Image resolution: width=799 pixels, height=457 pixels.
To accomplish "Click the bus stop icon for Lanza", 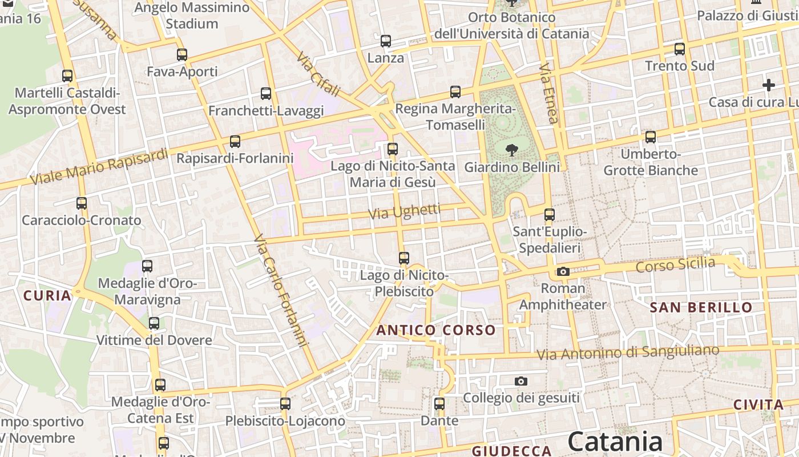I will click(386, 41).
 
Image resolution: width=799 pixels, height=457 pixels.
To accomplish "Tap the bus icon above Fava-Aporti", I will click(182, 55).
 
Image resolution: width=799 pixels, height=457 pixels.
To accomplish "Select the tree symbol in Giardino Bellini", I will click(511, 150).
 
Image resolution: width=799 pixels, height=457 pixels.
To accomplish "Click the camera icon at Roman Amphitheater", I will click(563, 271).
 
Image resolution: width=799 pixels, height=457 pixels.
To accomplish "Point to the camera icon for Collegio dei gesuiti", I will click(520, 381).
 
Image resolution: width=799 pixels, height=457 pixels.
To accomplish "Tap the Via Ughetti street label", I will click(405, 212).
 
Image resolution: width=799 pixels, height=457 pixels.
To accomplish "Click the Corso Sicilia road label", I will click(675, 264).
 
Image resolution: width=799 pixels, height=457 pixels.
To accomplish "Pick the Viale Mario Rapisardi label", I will click(99, 167).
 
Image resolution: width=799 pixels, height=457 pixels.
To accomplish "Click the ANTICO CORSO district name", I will click(436, 330).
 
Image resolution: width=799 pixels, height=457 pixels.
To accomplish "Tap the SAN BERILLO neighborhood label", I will click(701, 307).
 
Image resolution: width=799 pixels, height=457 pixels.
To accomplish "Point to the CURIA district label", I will click(47, 296).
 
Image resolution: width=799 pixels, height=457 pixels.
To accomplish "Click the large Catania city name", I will click(615, 442).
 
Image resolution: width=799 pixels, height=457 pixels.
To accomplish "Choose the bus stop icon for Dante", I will click(439, 404).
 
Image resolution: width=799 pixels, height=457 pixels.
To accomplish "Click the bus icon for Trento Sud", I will click(679, 49).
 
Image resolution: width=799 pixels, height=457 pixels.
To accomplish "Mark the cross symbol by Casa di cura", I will click(769, 86).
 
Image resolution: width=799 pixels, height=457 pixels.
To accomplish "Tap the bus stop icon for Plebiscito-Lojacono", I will click(285, 404).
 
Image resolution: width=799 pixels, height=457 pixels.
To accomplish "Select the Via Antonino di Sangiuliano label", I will click(628, 352).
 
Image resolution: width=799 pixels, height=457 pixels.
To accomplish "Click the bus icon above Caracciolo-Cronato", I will click(82, 203).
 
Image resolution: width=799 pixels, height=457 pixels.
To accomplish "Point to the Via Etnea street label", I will click(548, 93).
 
